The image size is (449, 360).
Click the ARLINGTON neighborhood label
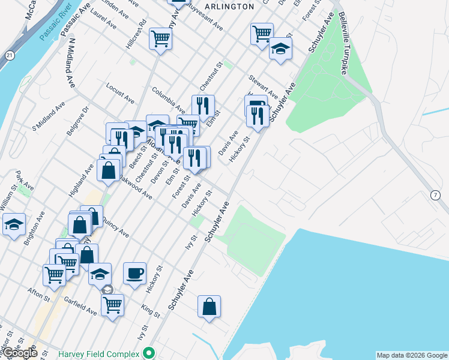coord(229,6)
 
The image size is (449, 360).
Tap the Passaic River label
coord(55,27)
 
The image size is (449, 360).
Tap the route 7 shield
coord(435,195)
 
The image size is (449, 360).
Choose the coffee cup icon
coord(134,274)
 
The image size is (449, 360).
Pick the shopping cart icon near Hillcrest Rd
coord(160,39)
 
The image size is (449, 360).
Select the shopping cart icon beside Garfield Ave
coord(112,305)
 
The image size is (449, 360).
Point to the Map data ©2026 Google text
coord(412,355)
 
